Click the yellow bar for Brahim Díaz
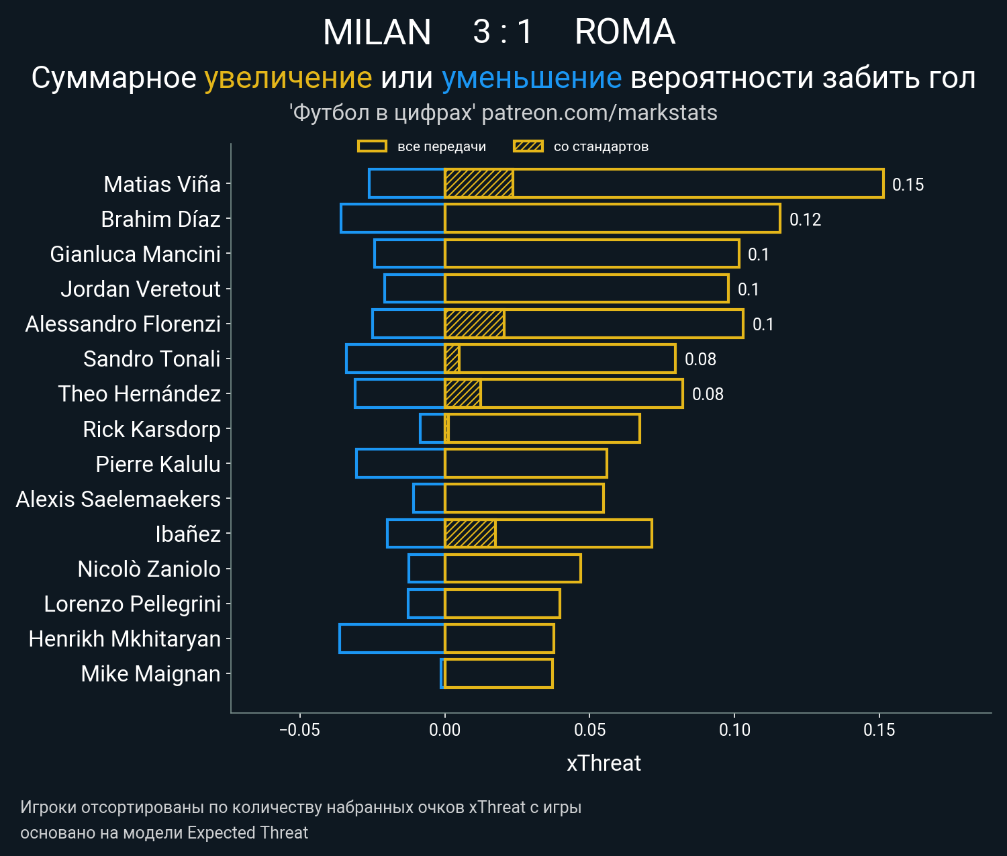612,219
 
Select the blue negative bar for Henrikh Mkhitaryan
392,638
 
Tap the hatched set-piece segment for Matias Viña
479,184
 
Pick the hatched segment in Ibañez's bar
470,534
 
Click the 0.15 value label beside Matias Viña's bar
908,185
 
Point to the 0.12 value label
805,220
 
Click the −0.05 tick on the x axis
299,730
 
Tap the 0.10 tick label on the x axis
734,730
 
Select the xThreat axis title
604,763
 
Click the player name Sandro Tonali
152,359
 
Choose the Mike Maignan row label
150,673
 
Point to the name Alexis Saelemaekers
118,499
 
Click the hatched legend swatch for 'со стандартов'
528,146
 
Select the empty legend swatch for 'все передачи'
372,146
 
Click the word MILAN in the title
377,32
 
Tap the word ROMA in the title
624,32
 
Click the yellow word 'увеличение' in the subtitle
288,78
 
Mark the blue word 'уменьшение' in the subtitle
532,78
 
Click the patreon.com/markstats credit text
599,113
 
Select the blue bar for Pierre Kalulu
400,464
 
